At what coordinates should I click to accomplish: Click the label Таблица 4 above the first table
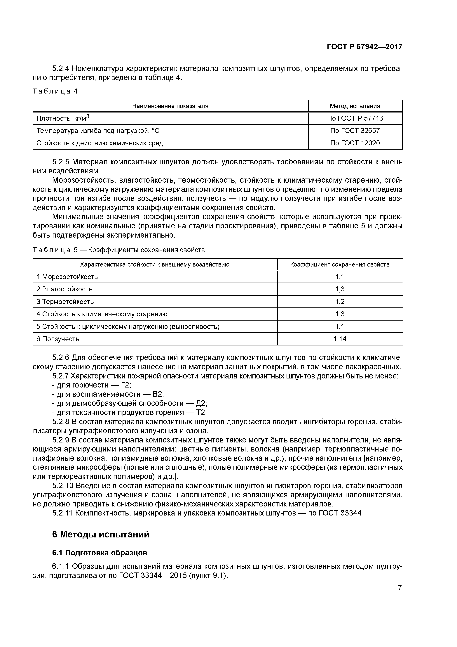pyautogui.click(x=55, y=91)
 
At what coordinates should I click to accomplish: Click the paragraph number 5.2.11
pyautogui.click(x=62, y=513)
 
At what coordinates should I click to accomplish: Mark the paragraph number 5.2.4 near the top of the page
pyautogui.click(x=61, y=68)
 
